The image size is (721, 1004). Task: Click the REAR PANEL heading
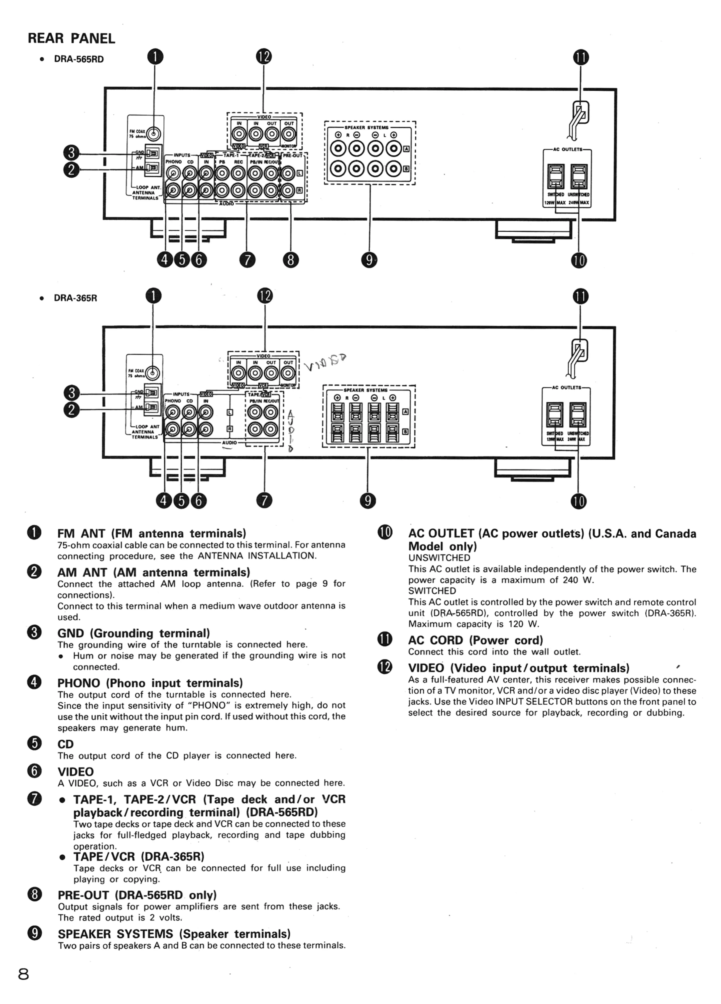click(71, 38)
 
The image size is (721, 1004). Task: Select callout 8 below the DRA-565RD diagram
click(291, 260)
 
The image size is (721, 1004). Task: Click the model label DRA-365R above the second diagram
click(75, 298)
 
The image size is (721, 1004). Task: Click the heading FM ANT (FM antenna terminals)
click(152, 533)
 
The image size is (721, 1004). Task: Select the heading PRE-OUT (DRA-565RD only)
click(137, 895)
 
